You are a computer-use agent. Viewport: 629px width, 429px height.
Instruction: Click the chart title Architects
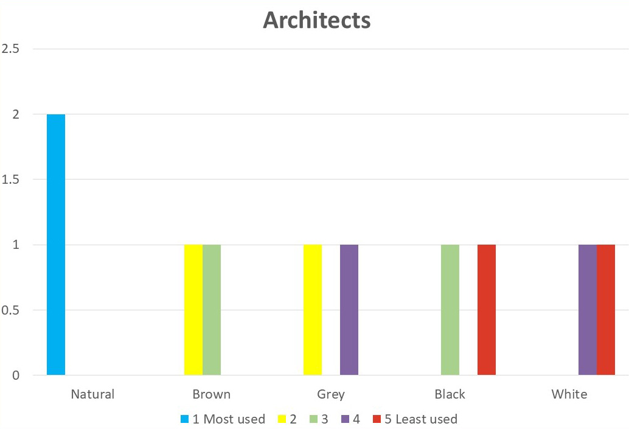316,20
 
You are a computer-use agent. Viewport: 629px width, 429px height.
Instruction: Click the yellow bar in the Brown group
193,310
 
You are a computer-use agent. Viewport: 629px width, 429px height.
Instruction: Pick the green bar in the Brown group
212,310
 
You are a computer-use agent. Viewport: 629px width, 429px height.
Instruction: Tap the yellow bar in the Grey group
313,310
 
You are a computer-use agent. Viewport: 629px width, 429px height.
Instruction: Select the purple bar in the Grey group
349,310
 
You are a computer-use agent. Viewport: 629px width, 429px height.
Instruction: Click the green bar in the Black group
450,310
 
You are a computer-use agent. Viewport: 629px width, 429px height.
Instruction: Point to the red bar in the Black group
487,310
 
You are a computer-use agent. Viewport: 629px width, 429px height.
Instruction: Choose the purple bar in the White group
588,310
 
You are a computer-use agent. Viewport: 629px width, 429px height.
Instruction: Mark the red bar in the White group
606,310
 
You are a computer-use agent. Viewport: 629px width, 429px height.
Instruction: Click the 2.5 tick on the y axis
11,49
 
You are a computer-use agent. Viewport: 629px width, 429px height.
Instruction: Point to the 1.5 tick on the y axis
11,180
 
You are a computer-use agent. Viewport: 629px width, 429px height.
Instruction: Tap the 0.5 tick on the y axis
11,310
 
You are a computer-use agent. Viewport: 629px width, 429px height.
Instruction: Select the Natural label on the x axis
92,394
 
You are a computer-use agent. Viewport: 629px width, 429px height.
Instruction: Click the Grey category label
331,394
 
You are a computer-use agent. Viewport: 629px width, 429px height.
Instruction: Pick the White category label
569,394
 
